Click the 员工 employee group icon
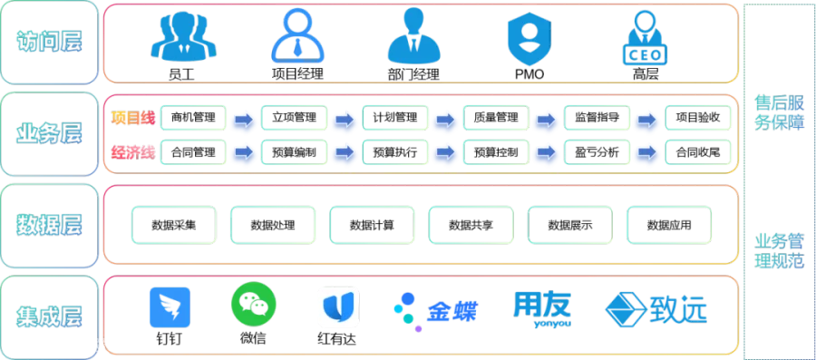pyautogui.click(x=183, y=37)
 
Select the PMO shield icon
pyautogui.click(x=529, y=38)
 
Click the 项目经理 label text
pyautogui.click(x=297, y=74)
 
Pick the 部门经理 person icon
pyautogui.click(x=414, y=36)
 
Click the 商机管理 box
pyautogui.click(x=193, y=118)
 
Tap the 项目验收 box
pyautogui.click(x=698, y=118)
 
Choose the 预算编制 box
pyautogui.click(x=294, y=153)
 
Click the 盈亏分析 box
pyautogui.click(x=597, y=153)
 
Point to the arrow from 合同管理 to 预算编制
pyautogui.click(x=244, y=152)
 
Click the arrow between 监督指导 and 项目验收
pyautogui.click(x=647, y=120)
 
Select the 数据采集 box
pyautogui.click(x=174, y=225)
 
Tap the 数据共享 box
pyautogui.click(x=471, y=225)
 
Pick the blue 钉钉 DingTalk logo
pyautogui.click(x=170, y=307)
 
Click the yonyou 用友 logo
pyautogui.click(x=542, y=310)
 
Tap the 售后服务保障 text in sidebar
pyautogui.click(x=779, y=112)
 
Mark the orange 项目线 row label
pyautogui.click(x=133, y=118)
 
